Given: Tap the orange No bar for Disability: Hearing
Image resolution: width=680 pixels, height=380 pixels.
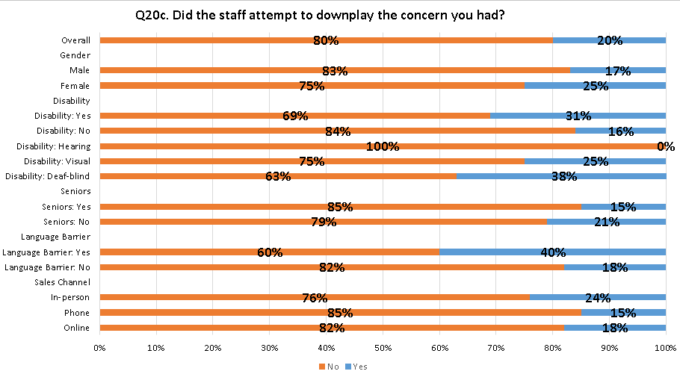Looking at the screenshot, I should pyautogui.click(x=224, y=146).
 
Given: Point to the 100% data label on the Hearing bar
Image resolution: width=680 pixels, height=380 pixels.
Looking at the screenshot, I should pyautogui.click(x=383, y=146).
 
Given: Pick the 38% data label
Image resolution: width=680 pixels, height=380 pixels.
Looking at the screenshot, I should pyautogui.click(x=565, y=177).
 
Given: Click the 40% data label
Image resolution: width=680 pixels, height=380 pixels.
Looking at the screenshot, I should pyautogui.click(x=553, y=252).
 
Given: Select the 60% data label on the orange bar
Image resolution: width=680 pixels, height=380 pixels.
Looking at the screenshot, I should pyautogui.click(x=270, y=252).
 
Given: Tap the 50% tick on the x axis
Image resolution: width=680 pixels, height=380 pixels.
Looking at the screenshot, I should pyautogui.click(x=383, y=347).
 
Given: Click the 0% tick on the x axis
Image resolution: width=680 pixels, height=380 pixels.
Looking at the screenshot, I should pyautogui.click(x=99, y=347).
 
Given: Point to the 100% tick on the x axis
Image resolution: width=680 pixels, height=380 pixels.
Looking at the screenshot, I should pyautogui.click(x=666, y=347).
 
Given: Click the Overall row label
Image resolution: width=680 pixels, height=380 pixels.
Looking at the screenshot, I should pyautogui.click(x=76, y=40).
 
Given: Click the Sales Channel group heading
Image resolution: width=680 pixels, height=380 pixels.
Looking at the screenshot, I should pyautogui.click(x=63, y=282).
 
